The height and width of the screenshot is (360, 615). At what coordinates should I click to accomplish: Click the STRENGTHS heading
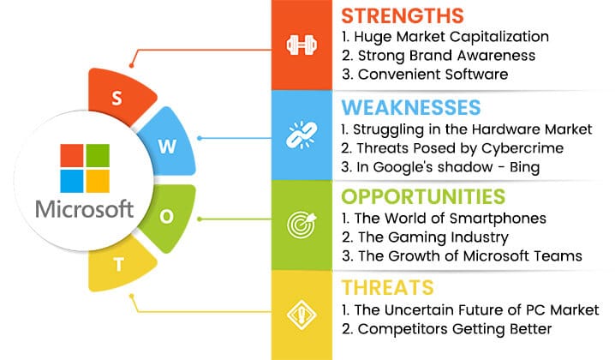pos(403,16)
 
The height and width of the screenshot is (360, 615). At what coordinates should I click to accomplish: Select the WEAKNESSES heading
pos(411,107)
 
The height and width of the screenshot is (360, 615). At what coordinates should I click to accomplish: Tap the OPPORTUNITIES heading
pos(423,196)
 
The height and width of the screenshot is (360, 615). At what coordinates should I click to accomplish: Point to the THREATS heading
pos(387,287)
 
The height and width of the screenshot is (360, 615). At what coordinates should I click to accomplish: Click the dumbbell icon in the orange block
pos(302,45)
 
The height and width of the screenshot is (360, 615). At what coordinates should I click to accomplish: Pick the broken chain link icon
pos(302,135)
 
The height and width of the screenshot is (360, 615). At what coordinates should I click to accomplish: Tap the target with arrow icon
pos(302,225)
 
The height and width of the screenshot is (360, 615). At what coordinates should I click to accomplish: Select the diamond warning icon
pos(302,315)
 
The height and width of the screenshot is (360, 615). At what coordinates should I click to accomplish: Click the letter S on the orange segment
pos(116,98)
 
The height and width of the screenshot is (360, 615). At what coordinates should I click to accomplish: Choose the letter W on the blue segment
pos(168,147)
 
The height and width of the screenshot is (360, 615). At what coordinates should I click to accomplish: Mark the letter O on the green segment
pos(167,216)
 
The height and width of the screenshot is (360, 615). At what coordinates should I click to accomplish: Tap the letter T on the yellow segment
pos(119,265)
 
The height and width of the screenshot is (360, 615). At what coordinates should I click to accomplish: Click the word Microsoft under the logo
pos(85,209)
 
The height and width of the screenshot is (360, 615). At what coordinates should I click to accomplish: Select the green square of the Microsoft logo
pos(98,155)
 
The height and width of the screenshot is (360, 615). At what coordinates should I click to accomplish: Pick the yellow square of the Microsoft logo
pos(98,182)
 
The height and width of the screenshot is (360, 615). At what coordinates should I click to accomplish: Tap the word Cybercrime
pos(522,149)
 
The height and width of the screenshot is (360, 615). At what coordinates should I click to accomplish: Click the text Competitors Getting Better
pos(455,329)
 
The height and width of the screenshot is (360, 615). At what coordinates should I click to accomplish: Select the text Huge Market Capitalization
pos(451,37)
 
